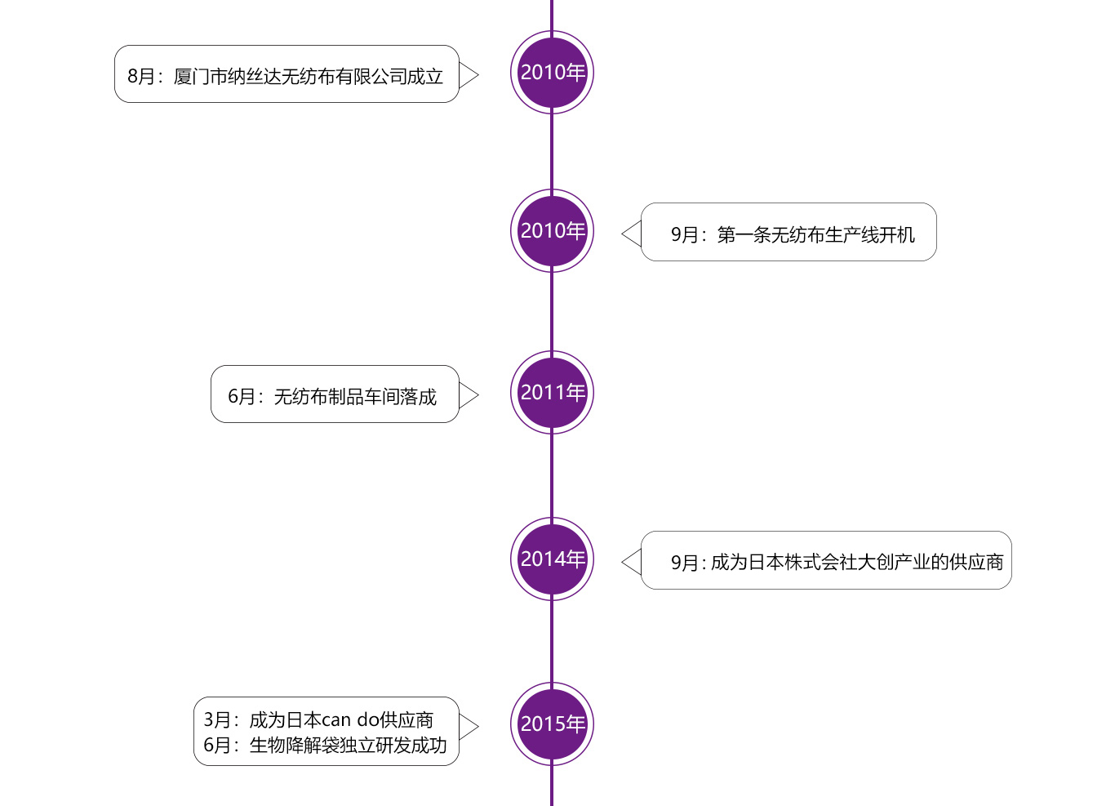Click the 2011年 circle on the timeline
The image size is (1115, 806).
(x=552, y=392)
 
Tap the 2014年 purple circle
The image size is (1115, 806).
(x=552, y=559)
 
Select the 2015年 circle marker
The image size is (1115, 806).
(x=552, y=724)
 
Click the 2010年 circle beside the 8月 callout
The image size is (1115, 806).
(x=552, y=72)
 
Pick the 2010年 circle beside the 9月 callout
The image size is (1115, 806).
(x=552, y=230)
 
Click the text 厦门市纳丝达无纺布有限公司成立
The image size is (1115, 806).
(x=309, y=77)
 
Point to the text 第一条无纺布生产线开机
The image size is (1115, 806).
(x=815, y=235)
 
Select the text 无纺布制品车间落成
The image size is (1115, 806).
(x=355, y=397)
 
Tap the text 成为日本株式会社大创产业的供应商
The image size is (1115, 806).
(x=857, y=563)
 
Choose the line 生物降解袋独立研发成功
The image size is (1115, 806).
(x=349, y=746)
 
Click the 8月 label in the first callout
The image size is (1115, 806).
(x=141, y=77)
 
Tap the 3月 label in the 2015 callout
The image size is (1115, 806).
(x=217, y=720)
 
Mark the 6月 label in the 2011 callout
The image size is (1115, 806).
(x=242, y=397)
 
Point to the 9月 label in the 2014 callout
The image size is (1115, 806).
(x=685, y=563)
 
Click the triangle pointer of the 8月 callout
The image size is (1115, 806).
(x=468, y=75)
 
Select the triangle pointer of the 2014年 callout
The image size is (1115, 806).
(x=632, y=562)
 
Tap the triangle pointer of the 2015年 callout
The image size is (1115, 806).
(x=468, y=727)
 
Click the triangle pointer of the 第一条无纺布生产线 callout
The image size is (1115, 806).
(x=632, y=234)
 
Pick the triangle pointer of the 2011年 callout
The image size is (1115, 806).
(x=468, y=395)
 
